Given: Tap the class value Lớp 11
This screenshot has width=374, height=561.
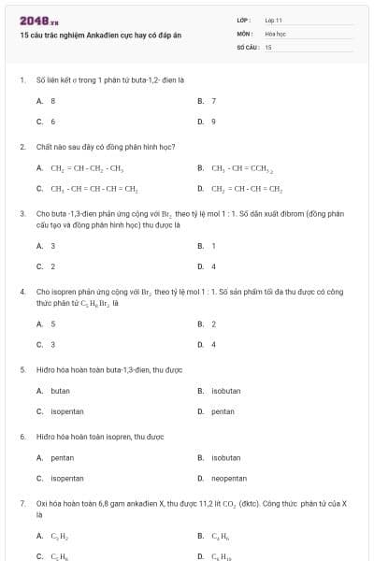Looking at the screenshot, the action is pyautogui.click(x=273, y=20).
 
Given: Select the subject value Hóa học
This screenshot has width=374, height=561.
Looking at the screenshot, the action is pyautogui.click(x=275, y=33).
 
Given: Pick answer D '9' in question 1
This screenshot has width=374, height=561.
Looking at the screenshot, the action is pyautogui.click(x=214, y=121).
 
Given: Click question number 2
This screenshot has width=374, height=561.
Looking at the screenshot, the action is pyautogui.click(x=22, y=147).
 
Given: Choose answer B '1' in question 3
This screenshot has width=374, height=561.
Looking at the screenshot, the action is pyautogui.click(x=214, y=246).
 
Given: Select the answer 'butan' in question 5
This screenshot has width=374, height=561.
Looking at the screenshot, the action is pyautogui.click(x=60, y=390).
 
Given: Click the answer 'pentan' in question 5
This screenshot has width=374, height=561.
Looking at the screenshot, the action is pyautogui.click(x=223, y=410).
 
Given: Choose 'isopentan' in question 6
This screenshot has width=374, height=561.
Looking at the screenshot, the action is pyautogui.click(x=66, y=478).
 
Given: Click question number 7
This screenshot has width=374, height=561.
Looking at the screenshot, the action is pyautogui.click(x=22, y=504).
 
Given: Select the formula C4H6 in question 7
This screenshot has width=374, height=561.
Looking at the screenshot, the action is pyautogui.click(x=221, y=536).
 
